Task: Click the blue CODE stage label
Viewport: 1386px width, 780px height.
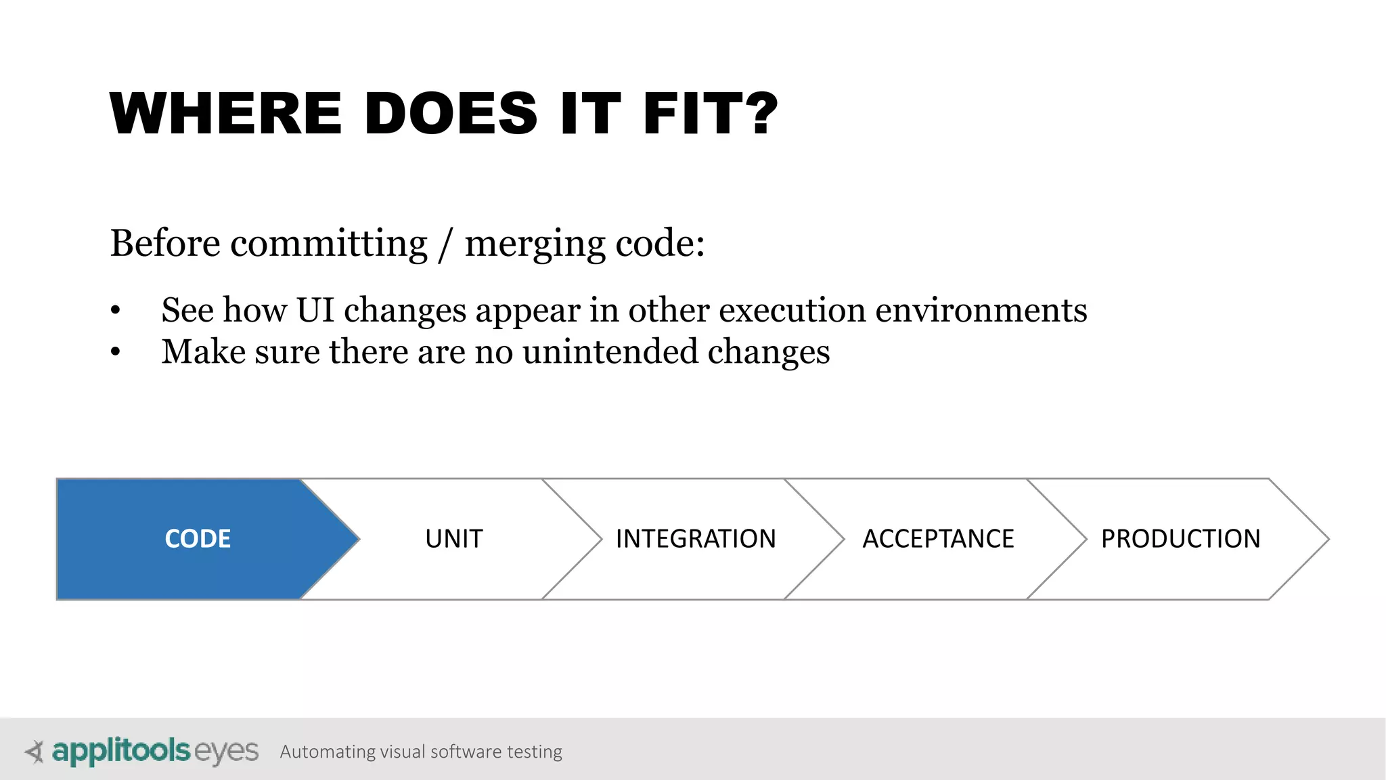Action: click(x=198, y=539)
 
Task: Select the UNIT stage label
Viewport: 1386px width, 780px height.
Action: click(x=454, y=539)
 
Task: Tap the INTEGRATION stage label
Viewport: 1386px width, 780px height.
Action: click(x=696, y=539)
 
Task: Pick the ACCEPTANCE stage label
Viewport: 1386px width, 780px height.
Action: click(x=938, y=539)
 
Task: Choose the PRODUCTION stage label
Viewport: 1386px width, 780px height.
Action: click(x=1180, y=539)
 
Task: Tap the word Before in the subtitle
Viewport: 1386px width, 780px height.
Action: click(x=165, y=243)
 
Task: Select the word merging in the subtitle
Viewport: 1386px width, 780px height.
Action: click(x=535, y=245)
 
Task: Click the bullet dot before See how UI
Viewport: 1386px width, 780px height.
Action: click(x=116, y=311)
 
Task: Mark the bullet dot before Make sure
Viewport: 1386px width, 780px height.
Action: click(x=116, y=352)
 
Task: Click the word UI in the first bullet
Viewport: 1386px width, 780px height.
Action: click(x=315, y=310)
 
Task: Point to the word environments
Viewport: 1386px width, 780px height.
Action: click(x=981, y=310)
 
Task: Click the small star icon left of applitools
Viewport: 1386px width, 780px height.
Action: click(x=35, y=752)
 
